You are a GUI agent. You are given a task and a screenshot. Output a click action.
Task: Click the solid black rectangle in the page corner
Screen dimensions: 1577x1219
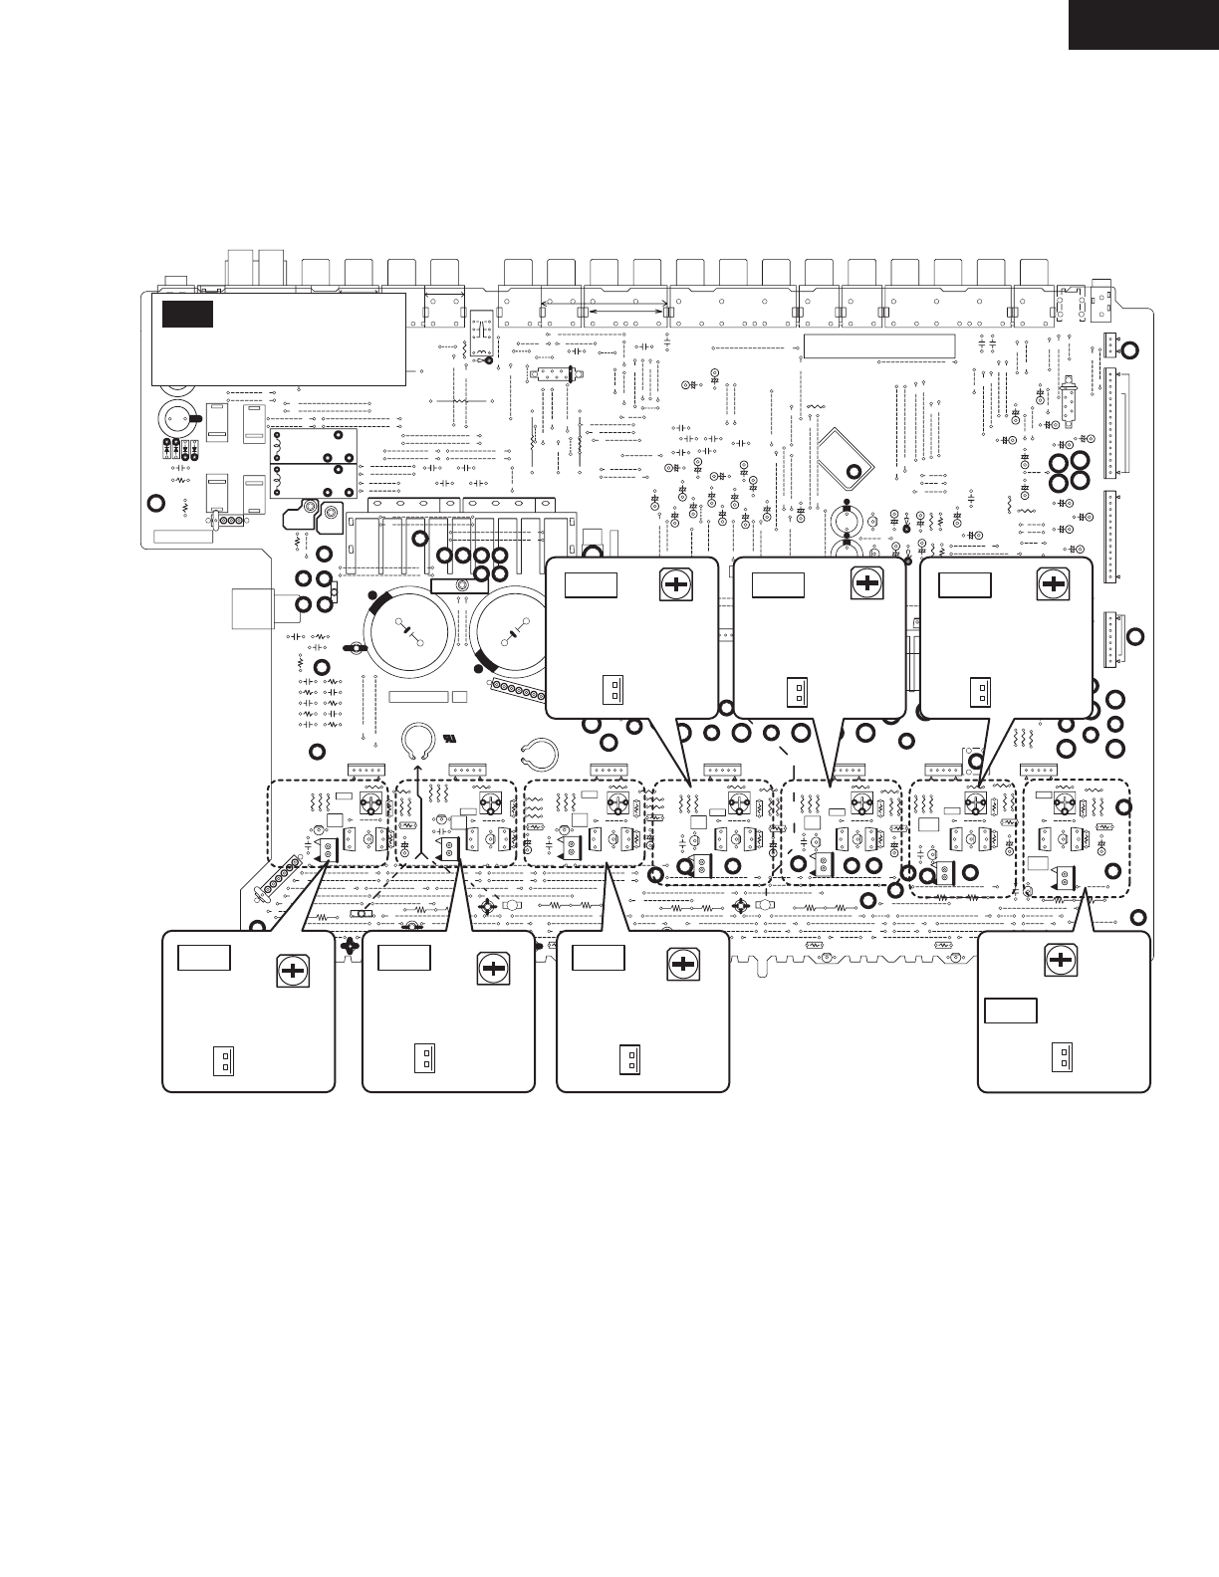(x=1143, y=24)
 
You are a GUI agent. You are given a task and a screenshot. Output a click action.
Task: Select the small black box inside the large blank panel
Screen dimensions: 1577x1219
(x=188, y=314)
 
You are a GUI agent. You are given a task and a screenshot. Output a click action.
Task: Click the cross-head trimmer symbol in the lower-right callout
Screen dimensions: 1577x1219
(x=1062, y=960)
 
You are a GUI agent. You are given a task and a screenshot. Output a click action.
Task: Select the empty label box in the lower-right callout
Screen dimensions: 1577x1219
(x=1011, y=1011)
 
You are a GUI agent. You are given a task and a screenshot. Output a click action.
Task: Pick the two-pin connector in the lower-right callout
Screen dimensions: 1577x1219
(x=1062, y=1057)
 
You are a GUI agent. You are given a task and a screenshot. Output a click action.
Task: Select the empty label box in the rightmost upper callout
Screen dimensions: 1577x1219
(x=965, y=584)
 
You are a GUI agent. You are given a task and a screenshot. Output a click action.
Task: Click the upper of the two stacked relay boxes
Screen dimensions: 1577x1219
(x=315, y=445)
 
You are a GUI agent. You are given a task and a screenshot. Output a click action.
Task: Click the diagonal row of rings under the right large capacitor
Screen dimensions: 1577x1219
(x=521, y=693)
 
